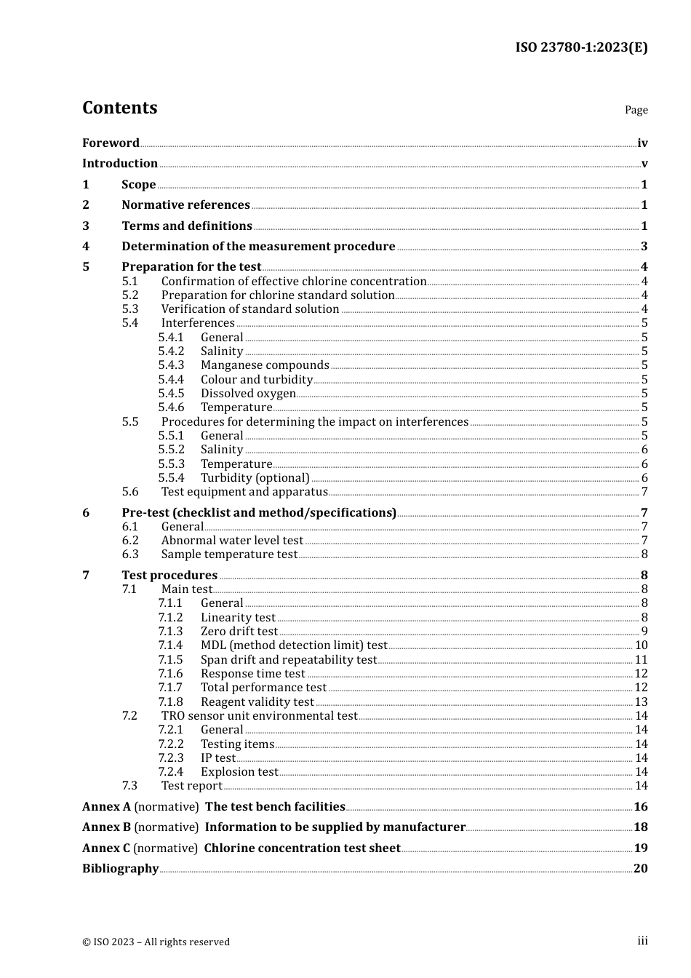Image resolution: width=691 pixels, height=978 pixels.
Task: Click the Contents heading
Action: point(119,108)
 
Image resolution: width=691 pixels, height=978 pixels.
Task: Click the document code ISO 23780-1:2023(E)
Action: point(581,47)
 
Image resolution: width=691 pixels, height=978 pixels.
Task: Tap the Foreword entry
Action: point(111,143)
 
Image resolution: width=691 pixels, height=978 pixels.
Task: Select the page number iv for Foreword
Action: point(642,143)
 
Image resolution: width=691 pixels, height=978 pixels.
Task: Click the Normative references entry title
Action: point(185,204)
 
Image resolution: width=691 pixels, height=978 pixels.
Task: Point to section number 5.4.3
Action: point(171,365)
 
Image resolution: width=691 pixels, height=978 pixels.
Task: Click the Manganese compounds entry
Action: point(265,365)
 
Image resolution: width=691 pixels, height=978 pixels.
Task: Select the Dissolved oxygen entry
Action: point(248,393)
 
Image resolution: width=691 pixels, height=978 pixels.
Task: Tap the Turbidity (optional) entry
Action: point(255,477)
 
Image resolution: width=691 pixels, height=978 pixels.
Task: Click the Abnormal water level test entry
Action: point(232,540)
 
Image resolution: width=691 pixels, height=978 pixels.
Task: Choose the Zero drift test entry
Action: point(239,631)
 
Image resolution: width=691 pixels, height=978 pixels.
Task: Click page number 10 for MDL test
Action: point(641,645)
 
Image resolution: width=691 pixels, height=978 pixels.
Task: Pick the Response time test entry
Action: point(252,673)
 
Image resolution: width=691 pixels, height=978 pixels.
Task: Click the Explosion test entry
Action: point(239,771)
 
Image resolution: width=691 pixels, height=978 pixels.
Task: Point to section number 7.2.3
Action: point(171,758)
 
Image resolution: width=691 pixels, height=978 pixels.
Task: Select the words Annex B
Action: point(106,827)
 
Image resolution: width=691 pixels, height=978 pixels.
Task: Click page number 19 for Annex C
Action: point(641,848)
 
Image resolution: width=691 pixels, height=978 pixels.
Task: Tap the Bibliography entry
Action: point(120,868)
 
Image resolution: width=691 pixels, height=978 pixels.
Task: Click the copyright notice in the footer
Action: point(156,942)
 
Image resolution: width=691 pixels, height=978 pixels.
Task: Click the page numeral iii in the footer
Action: point(642,940)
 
